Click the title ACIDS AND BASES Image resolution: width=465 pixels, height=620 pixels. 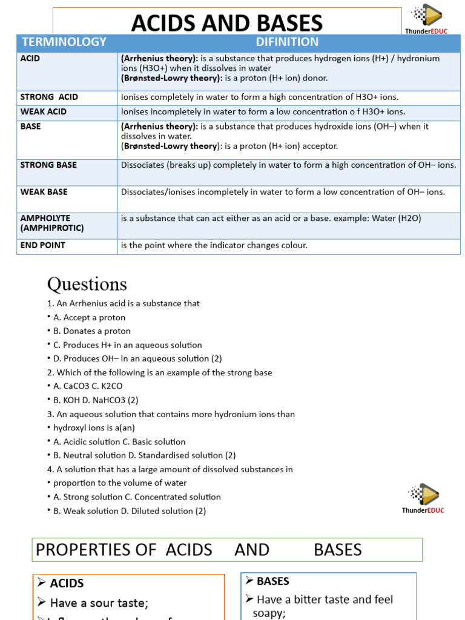click(x=227, y=23)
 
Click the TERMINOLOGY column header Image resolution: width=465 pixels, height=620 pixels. click(x=64, y=42)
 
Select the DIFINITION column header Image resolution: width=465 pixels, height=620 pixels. click(x=287, y=42)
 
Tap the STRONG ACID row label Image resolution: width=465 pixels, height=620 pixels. click(x=49, y=97)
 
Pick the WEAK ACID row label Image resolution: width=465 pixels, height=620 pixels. click(x=44, y=112)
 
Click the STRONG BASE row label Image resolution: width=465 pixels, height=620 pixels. click(x=48, y=165)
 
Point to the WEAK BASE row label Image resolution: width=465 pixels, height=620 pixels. click(x=44, y=192)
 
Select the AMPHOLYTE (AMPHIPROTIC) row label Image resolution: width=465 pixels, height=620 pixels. click(x=52, y=223)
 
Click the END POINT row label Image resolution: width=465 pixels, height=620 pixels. click(x=42, y=246)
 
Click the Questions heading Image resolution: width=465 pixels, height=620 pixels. click(x=87, y=284)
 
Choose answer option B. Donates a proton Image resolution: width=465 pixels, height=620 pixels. click(x=92, y=331)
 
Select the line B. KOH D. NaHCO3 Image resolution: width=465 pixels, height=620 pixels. click(x=96, y=400)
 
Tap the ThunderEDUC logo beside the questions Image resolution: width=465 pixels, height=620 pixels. click(x=423, y=498)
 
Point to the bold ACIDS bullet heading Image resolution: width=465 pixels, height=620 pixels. click(x=67, y=584)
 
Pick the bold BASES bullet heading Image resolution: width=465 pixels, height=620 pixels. click(x=272, y=581)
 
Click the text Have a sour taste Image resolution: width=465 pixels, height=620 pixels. click(x=99, y=603)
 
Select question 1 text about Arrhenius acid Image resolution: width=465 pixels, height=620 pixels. click(x=123, y=303)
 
